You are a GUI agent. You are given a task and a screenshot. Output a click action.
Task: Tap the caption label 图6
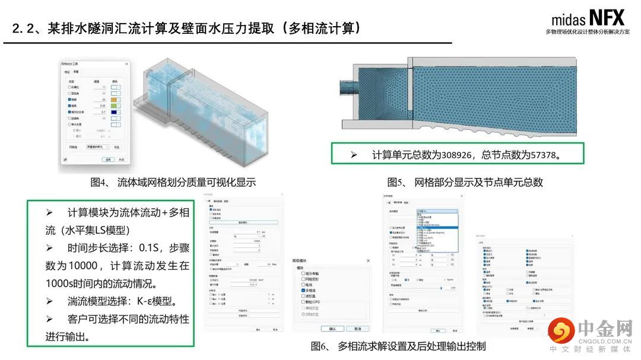point(319,346)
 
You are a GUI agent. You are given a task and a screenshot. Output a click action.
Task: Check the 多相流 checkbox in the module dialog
point(304,292)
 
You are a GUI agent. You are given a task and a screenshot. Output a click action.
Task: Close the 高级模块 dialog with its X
point(368,261)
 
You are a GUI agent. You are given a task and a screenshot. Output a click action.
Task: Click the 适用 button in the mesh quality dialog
point(107,160)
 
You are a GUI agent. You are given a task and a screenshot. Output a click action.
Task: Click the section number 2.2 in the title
point(24,28)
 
